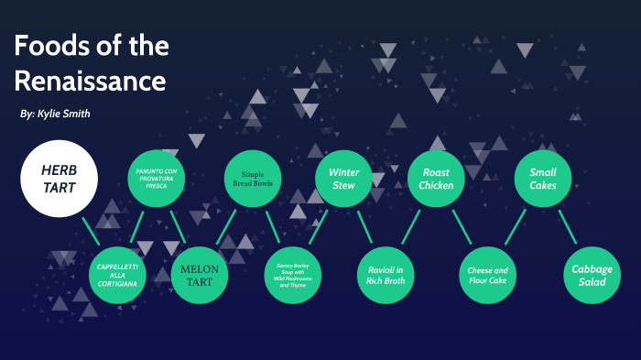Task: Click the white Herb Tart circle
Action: (60, 180)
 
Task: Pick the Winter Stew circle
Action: (344, 178)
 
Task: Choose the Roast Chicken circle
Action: (437, 178)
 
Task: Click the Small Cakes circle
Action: (543, 178)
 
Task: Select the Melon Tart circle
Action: (200, 276)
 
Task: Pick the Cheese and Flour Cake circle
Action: (488, 276)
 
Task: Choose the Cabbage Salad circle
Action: (589, 276)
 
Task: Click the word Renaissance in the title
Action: (89, 82)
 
